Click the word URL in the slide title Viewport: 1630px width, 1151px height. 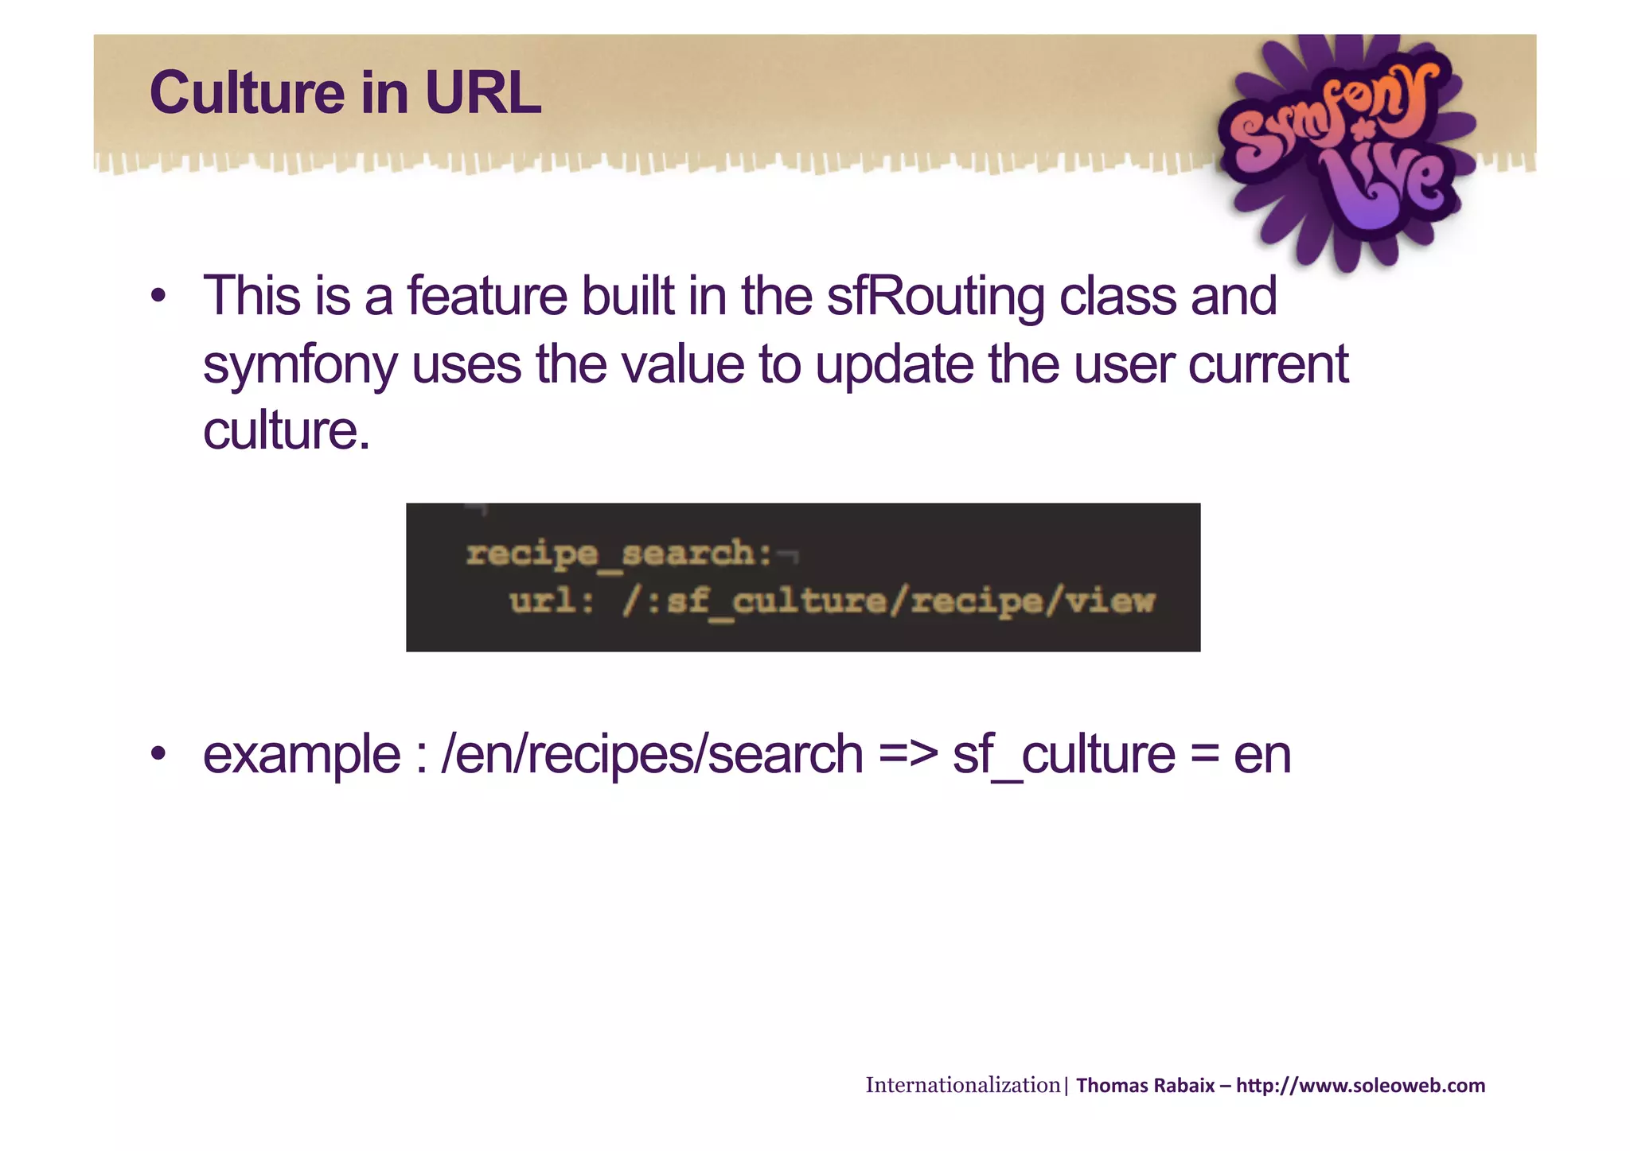click(x=483, y=93)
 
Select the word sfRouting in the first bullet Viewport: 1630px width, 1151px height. click(x=935, y=297)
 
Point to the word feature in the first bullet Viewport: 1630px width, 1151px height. click(x=487, y=297)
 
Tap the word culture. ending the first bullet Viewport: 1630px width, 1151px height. click(x=287, y=431)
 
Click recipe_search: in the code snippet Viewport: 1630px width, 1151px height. click(x=618, y=553)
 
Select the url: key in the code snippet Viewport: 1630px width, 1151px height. click(x=552, y=601)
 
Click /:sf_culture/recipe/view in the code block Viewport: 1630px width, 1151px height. click(x=888, y=601)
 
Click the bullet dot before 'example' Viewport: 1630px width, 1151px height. click(x=158, y=754)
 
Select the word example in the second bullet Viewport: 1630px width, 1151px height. click(x=301, y=756)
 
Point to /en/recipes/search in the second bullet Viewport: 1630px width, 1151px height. click(x=652, y=756)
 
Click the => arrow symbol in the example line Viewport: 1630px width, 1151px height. click(x=908, y=756)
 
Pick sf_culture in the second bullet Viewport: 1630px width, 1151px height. click(x=1063, y=756)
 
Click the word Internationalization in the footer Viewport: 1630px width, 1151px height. click(x=962, y=1085)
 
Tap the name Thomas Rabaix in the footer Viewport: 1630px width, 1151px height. click(x=1145, y=1086)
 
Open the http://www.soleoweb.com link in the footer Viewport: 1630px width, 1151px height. click(x=1360, y=1086)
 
